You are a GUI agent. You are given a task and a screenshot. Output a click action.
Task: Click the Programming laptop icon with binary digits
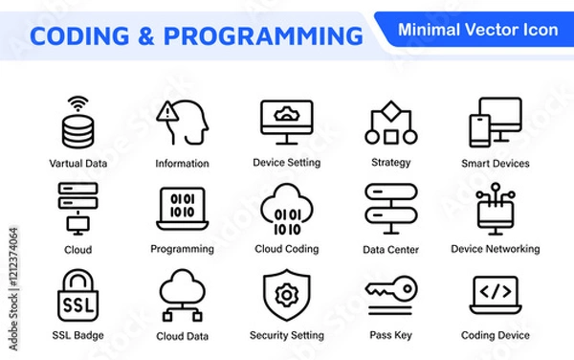182,208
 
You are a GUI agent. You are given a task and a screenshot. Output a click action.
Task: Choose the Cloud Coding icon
286,207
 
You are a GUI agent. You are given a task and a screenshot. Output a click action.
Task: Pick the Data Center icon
390,208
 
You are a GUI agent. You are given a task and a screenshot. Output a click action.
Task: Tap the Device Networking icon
495,208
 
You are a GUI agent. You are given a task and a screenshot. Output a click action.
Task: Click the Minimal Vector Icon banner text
477,30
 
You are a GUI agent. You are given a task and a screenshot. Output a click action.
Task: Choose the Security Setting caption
286,335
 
